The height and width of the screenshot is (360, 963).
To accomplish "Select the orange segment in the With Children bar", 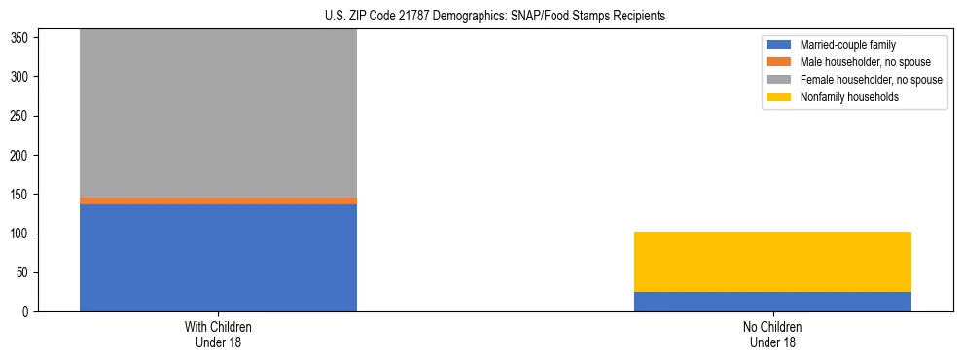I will [x=218, y=200].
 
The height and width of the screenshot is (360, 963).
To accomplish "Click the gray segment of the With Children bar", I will [x=218, y=112].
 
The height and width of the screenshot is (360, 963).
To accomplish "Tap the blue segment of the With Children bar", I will [x=218, y=258].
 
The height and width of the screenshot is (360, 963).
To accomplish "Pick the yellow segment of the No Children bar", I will [x=772, y=262].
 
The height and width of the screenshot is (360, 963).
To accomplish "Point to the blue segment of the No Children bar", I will [x=772, y=302].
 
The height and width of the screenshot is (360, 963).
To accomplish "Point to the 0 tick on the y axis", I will [x=28, y=312].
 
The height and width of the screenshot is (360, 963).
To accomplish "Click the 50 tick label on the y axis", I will [x=25, y=273].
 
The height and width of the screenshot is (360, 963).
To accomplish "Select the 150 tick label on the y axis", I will [x=22, y=195].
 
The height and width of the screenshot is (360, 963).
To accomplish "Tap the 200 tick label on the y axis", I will [x=22, y=156].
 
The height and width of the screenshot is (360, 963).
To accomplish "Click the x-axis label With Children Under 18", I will [x=218, y=335].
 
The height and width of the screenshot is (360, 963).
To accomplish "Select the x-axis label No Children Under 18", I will [x=772, y=335].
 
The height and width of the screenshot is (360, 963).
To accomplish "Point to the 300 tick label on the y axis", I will [x=22, y=77].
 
